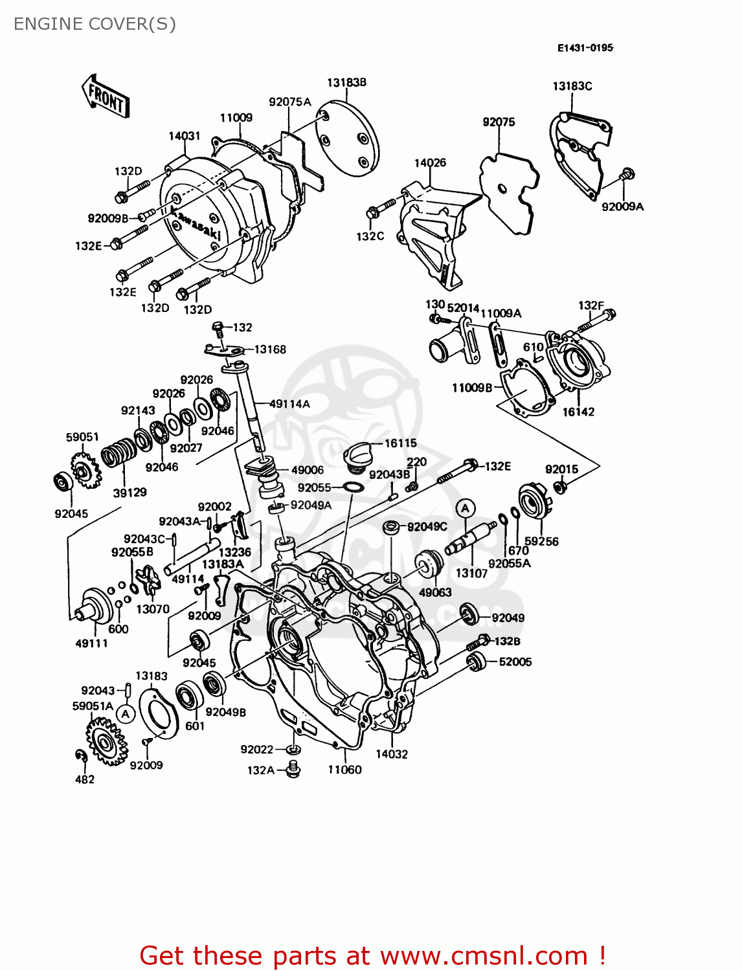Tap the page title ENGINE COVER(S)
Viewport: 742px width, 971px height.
[95, 24]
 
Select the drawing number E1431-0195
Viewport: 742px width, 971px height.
[585, 48]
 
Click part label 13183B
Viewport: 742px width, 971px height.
[346, 82]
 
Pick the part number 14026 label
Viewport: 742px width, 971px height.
[430, 162]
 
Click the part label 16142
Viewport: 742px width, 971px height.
[578, 412]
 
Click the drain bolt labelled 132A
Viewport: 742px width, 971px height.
[293, 770]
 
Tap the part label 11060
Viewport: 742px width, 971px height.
[344, 770]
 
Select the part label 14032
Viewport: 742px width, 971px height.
[392, 753]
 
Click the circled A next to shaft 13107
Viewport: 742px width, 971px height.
[465, 508]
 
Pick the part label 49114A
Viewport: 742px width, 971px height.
[289, 404]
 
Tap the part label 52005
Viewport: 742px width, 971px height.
[515, 662]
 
